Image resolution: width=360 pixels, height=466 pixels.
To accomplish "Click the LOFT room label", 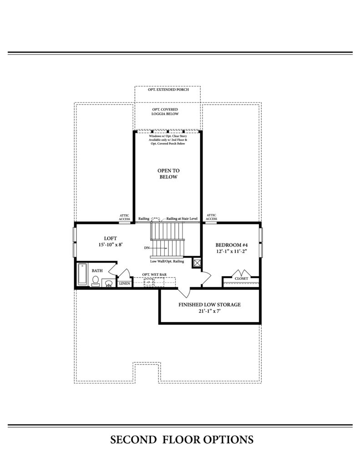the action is tap(110, 238).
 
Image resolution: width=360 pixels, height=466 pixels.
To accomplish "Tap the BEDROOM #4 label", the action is tap(232, 245).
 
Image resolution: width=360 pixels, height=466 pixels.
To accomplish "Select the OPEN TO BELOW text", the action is tap(168, 173).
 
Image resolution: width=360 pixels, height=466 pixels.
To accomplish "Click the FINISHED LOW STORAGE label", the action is tap(209, 304).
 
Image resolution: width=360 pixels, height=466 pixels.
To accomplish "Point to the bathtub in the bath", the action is tap(82, 274).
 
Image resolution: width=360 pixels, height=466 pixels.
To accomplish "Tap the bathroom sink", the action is tap(108, 283).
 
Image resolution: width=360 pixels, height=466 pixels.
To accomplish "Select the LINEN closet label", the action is tap(125, 284).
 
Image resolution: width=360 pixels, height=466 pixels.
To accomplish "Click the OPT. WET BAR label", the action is tap(154, 274).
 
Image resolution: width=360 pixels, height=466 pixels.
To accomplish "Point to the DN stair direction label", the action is tap(147, 248).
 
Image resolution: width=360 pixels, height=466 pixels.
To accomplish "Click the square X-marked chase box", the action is tap(197, 263).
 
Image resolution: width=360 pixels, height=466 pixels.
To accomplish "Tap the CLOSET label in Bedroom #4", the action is tap(241, 279).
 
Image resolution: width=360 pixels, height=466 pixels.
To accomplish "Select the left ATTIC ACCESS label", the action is tap(125, 217).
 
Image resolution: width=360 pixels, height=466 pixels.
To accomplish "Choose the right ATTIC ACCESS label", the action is tap(211, 217).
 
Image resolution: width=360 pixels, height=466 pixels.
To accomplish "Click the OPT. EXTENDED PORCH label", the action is tap(168, 90).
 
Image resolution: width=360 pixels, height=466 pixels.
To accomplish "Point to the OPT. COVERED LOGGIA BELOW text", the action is tap(165, 111).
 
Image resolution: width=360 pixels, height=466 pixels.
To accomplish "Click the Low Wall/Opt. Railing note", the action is tap(167, 261).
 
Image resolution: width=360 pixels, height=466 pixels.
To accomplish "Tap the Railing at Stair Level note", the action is tap(182, 218).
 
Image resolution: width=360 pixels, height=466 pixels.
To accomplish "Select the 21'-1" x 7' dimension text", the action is tap(209, 311).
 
